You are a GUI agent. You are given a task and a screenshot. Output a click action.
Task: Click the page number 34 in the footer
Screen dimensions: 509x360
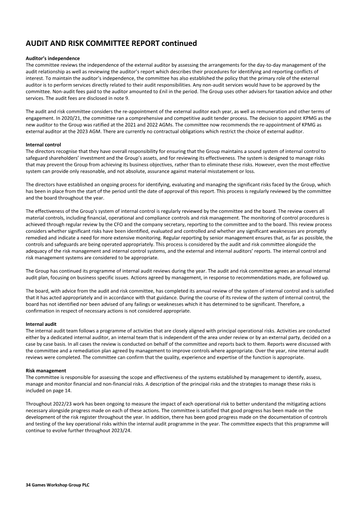click(x=28, y=485)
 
